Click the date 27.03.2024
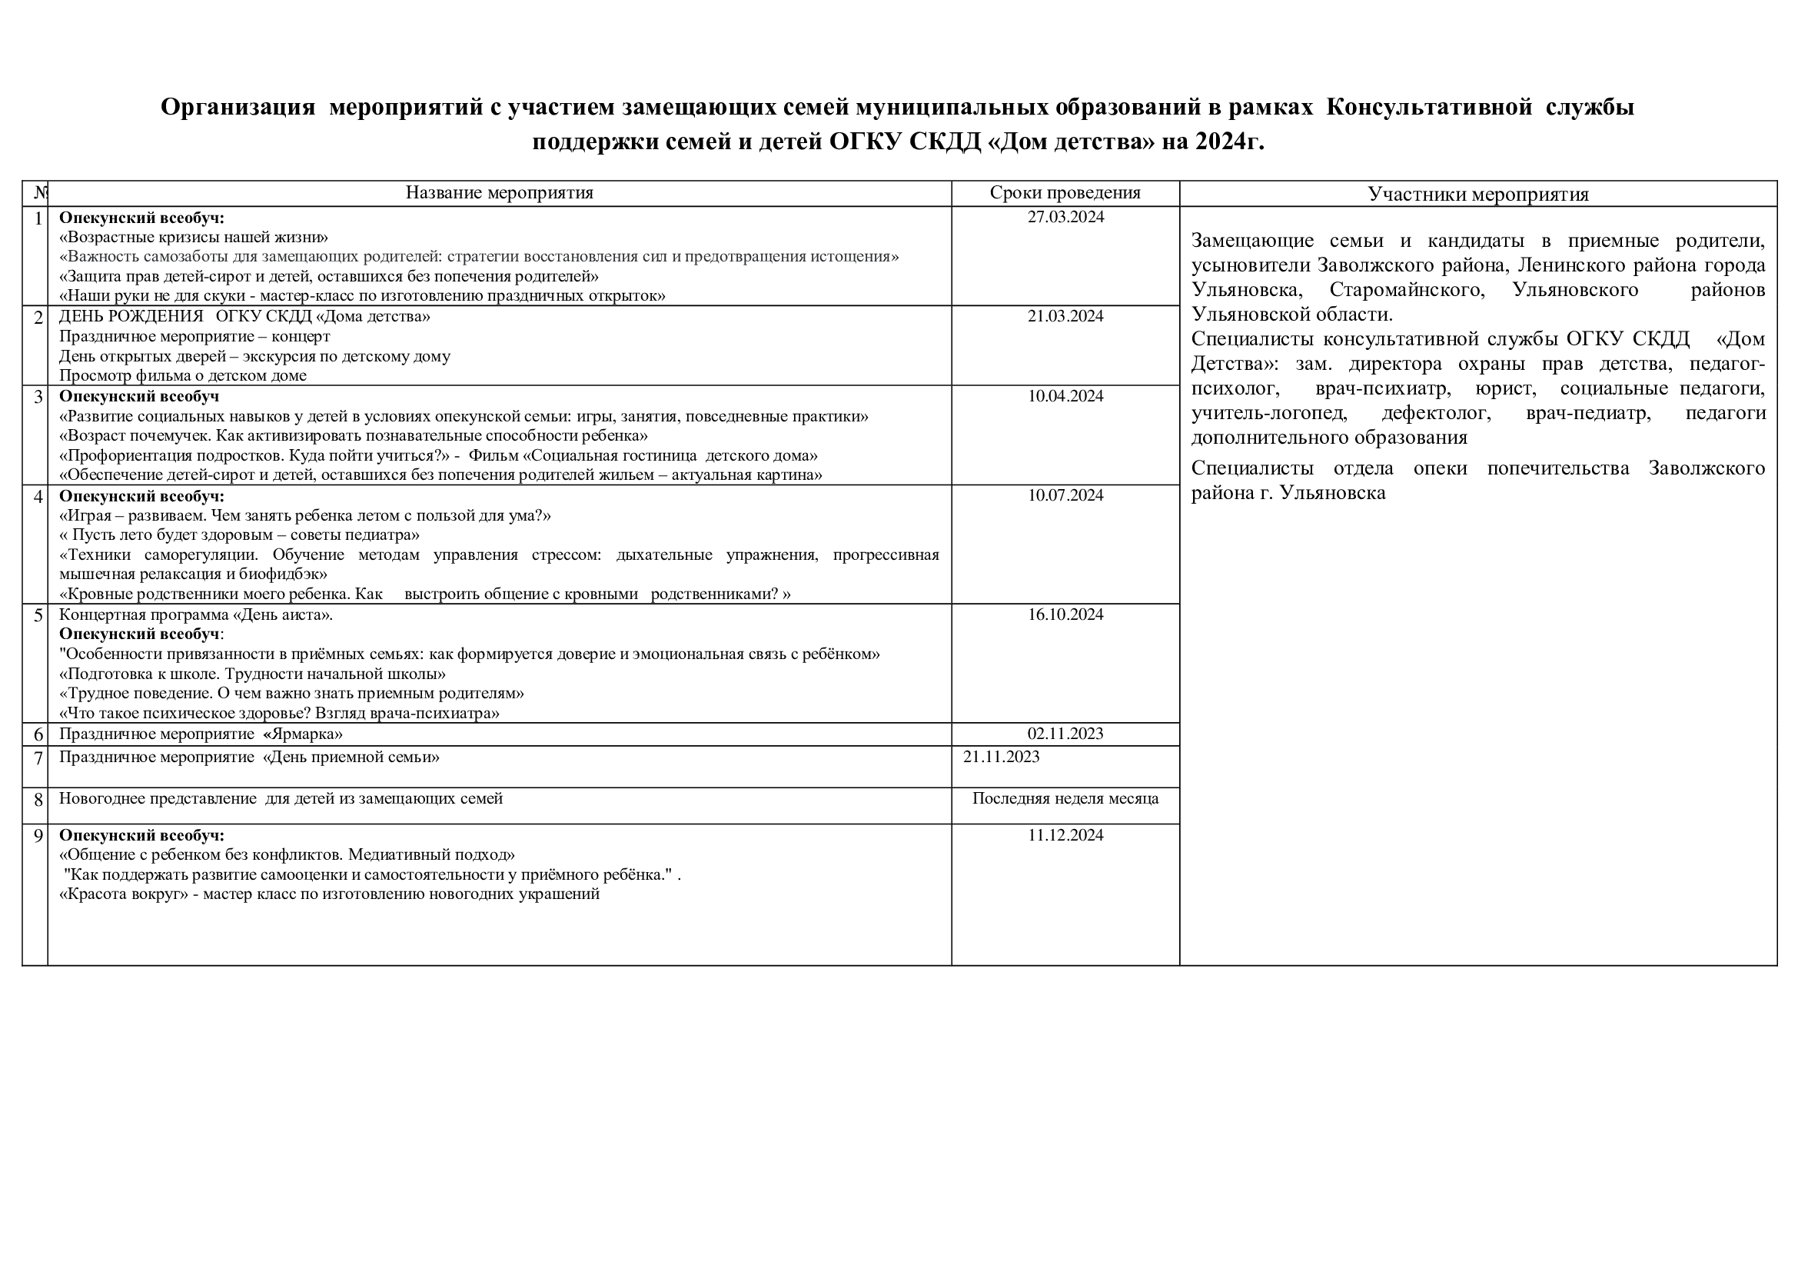(x=1065, y=218)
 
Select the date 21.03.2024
(x=1065, y=316)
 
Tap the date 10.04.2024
(x=1065, y=396)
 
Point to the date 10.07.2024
(x=1065, y=496)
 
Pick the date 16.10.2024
(x=1065, y=615)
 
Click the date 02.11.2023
(x=1065, y=734)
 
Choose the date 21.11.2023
(x=1001, y=757)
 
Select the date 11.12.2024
(x=1065, y=836)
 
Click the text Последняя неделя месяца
(x=1065, y=799)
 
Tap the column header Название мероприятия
(x=499, y=193)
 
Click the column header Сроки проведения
(x=1065, y=193)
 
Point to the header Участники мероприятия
(x=1477, y=195)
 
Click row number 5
(x=38, y=616)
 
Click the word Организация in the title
(x=238, y=108)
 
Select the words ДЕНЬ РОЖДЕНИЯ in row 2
(x=131, y=316)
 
